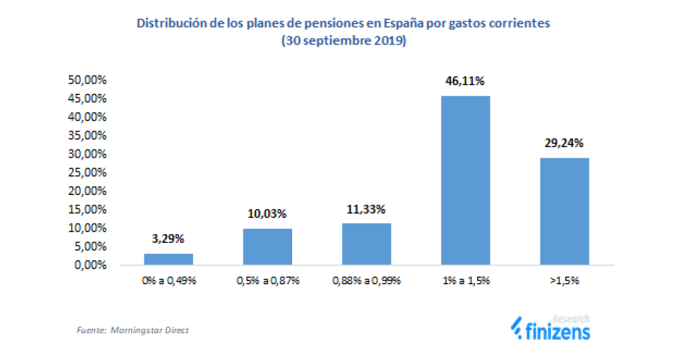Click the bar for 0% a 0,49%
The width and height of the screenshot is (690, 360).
[x=168, y=259]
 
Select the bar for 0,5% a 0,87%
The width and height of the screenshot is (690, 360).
[x=267, y=246]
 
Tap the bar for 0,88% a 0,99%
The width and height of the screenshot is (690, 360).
[x=366, y=244]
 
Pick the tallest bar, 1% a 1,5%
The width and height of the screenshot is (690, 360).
[x=465, y=180]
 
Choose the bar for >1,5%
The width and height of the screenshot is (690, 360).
[x=564, y=211]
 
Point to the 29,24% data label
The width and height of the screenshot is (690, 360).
[x=564, y=143]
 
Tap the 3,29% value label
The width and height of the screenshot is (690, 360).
[x=168, y=239]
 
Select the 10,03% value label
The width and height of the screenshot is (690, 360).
[x=267, y=214]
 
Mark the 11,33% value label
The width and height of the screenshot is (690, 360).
[x=366, y=209]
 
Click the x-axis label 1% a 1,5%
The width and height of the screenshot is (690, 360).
[x=465, y=281]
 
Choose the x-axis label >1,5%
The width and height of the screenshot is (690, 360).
[x=564, y=281]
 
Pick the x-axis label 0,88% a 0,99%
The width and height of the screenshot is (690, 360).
[x=366, y=281]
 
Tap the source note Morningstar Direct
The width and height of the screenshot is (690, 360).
[x=151, y=330]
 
